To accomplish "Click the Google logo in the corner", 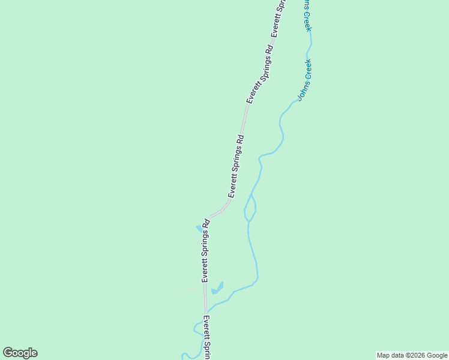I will pos(20,353).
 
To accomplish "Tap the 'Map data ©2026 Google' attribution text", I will pos(412,355).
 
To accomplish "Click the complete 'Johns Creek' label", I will pos(305,79).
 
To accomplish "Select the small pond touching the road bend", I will pos(199,229).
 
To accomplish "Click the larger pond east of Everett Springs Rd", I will pos(217,289).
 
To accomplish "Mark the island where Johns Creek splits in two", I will pos(250,208).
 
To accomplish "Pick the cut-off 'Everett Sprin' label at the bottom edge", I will pos(206,337).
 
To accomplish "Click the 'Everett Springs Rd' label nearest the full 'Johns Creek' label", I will pos(259,73).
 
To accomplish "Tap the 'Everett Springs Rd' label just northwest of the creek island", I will pos(236,166).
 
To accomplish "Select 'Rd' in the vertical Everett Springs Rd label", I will pos(205,224).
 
